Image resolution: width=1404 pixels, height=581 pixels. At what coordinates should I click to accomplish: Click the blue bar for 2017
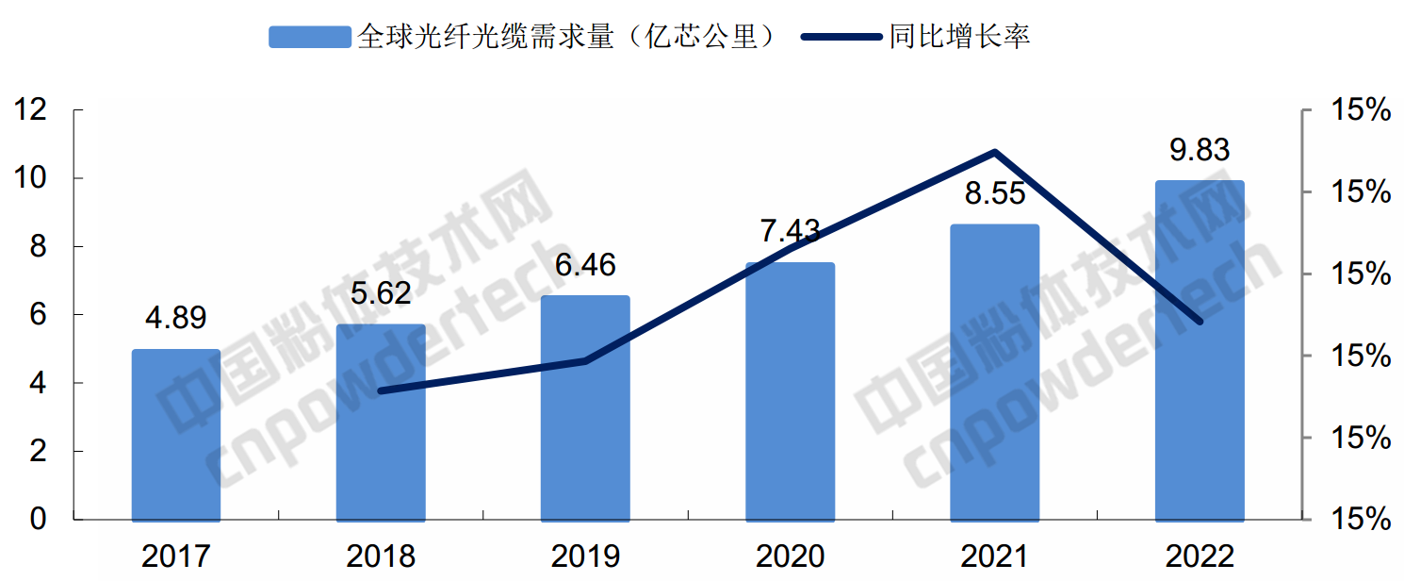[x=176, y=435]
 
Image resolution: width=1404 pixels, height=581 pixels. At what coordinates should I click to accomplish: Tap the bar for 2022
[x=1200, y=350]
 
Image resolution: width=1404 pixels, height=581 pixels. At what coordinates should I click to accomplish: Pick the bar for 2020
[x=791, y=391]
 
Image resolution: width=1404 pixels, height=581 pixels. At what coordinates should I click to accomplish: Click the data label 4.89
[x=175, y=318]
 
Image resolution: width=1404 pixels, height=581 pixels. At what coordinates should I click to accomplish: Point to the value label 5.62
[x=381, y=293]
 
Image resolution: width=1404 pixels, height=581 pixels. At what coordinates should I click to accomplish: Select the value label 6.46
[x=585, y=264]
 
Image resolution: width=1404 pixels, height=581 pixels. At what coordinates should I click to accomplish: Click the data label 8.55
[x=995, y=193]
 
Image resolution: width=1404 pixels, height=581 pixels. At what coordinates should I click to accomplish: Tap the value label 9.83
[x=1200, y=150]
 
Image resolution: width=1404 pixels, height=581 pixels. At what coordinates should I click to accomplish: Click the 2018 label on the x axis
[x=381, y=556]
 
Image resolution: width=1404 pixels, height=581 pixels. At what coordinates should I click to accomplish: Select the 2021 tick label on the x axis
[x=995, y=556]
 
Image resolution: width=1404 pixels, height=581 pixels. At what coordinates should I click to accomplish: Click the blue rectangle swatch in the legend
[x=310, y=37]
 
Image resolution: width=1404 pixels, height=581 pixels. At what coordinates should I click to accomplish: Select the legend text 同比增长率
[x=959, y=37]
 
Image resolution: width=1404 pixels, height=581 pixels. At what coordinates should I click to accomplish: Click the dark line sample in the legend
[x=843, y=37]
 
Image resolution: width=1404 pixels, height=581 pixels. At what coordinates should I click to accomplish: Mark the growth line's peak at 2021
[x=995, y=152]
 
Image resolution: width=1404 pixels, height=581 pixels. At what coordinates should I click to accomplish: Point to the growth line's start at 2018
[x=381, y=390]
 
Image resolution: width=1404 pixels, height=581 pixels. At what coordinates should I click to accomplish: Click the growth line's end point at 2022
[x=1200, y=322]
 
